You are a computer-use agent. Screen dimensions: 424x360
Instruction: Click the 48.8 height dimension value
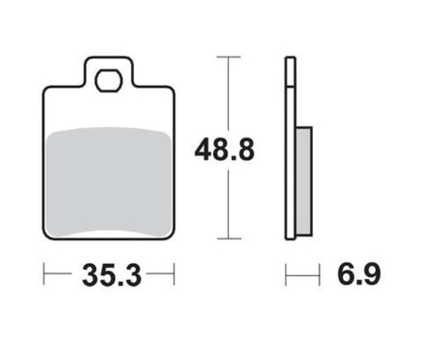224,150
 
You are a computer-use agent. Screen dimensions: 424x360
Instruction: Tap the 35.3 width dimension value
111,275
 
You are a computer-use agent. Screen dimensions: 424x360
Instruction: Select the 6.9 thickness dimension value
359,274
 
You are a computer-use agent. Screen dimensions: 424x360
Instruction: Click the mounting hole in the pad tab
108,80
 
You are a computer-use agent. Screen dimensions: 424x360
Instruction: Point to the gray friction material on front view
108,182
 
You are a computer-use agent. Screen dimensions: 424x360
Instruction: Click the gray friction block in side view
304,181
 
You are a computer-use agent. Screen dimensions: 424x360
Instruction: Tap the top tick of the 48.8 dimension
229,57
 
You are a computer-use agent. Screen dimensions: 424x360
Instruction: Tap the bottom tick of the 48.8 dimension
229,238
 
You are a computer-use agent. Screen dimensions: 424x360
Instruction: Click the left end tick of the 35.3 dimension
44,274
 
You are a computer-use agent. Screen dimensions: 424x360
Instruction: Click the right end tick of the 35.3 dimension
173,274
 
